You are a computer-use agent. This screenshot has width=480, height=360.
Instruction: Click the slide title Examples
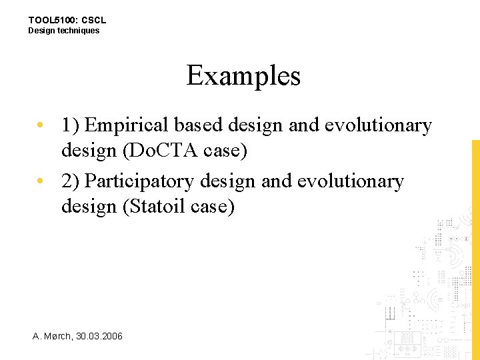(x=243, y=76)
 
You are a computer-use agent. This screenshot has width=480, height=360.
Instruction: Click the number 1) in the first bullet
(x=71, y=125)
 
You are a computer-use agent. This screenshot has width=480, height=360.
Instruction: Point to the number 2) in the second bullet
(x=71, y=181)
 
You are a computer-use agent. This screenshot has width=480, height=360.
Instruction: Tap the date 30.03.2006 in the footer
(x=99, y=336)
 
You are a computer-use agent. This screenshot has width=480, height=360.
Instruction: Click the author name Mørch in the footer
(x=58, y=336)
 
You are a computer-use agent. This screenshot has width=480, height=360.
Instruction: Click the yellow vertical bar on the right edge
(x=475, y=247)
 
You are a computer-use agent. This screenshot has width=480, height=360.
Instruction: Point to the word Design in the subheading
(x=40, y=31)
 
